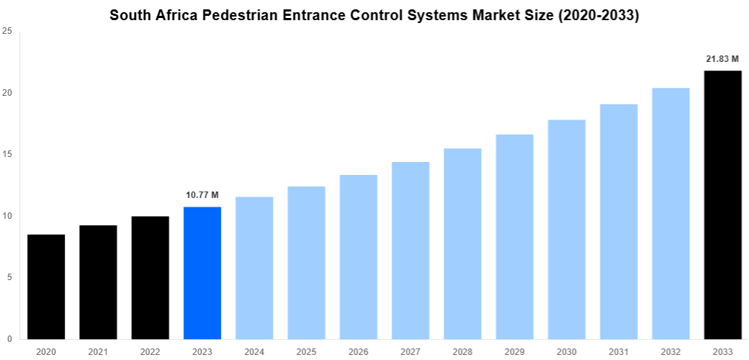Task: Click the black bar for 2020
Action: click(46, 287)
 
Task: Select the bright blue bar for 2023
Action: click(202, 273)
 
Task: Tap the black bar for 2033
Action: click(722, 204)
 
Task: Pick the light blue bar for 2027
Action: click(411, 251)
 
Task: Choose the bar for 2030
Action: click(567, 229)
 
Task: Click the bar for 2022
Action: click(151, 277)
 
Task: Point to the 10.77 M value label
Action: click(202, 195)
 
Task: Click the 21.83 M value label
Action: click(722, 58)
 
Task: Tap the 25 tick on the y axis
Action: click(7, 31)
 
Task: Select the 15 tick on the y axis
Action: click(7, 154)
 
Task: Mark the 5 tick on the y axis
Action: click(9, 277)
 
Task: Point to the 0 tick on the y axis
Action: click(9, 338)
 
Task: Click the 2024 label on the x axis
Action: click(254, 351)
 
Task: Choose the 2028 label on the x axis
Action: click(462, 351)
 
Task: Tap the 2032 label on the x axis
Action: click(670, 351)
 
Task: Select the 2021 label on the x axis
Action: click(98, 351)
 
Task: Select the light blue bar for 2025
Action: click(306, 263)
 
